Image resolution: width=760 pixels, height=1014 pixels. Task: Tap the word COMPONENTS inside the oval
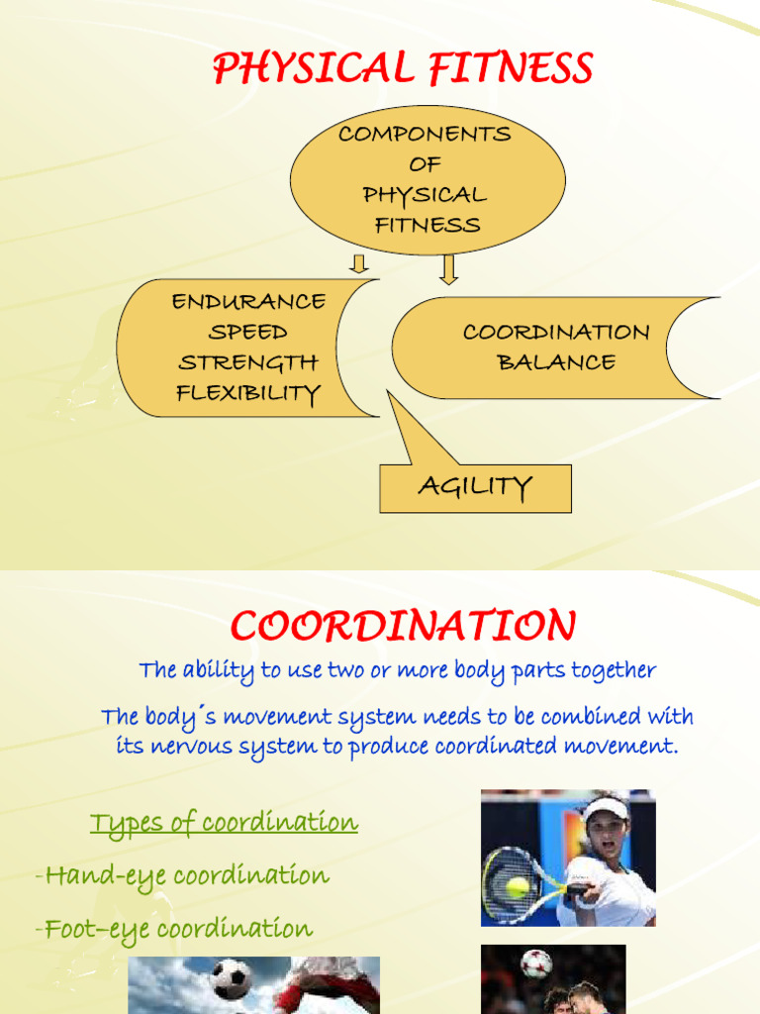[x=425, y=134]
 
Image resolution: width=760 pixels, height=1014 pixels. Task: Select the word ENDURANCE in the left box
[x=248, y=301]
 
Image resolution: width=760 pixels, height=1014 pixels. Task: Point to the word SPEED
[x=248, y=332]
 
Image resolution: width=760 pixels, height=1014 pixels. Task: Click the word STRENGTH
[x=248, y=362]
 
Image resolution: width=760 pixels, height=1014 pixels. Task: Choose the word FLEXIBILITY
[x=248, y=393]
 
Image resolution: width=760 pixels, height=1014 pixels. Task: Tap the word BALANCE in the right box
[x=556, y=362]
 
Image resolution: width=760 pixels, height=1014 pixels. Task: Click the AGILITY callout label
[x=475, y=486]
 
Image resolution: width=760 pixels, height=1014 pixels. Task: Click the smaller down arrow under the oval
[x=359, y=262]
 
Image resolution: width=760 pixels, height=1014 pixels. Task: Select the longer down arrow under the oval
[x=448, y=268]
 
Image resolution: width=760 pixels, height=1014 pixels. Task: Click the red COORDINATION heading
[x=403, y=626]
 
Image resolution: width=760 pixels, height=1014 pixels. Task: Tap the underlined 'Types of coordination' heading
[x=224, y=823]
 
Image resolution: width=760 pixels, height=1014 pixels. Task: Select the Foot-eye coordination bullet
[x=178, y=929]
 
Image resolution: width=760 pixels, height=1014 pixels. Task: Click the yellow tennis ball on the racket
[x=517, y=887]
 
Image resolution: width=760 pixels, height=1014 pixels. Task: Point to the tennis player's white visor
[x=605, y=809]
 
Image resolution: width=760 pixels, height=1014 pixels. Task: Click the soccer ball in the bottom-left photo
[x=231, y=979]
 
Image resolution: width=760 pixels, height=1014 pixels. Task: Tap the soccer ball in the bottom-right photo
[x=535, y=963]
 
